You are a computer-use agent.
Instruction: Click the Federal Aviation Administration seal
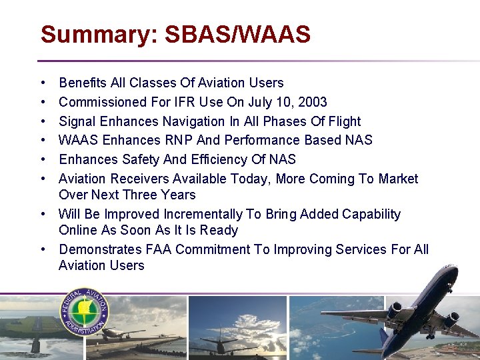click(x=85, y=313)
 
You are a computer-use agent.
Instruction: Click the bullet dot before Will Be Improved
click(x=42, y=215)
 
